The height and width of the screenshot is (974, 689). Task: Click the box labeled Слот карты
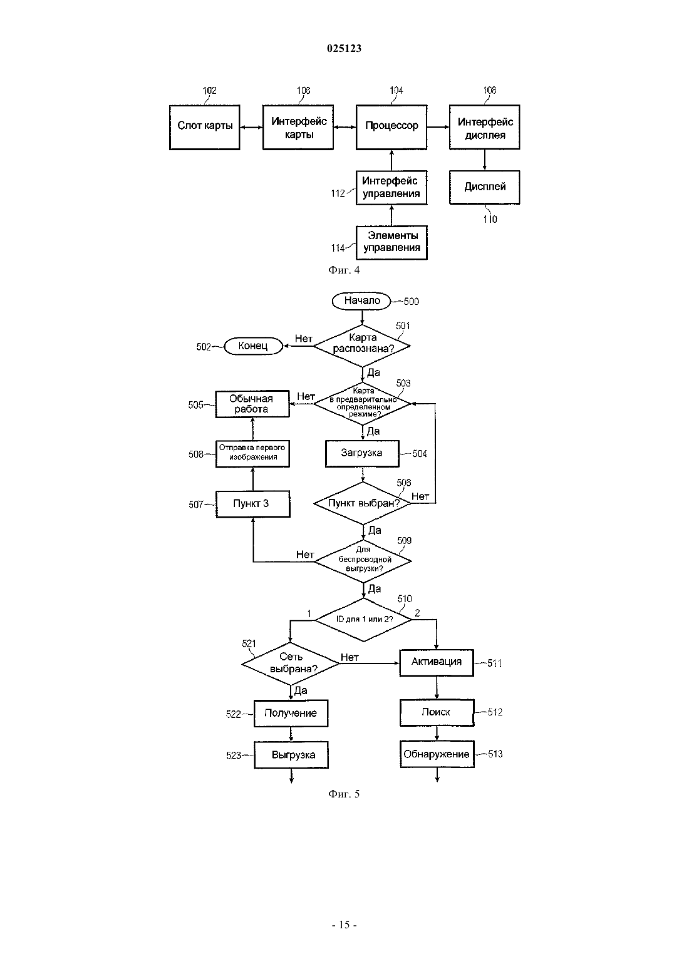coord(204,128)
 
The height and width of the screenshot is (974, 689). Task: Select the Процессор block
coord(391,128)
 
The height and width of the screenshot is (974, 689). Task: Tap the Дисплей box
coord(485,187)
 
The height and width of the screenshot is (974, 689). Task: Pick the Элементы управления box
coord(391,243)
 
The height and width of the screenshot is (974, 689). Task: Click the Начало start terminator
coord(361,301)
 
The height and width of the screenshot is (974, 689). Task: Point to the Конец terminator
coord(253,346)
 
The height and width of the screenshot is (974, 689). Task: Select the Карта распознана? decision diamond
coord(362,346)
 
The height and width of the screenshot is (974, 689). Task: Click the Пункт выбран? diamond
coord(362,503)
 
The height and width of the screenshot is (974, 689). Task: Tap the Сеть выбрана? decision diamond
coord(291,664)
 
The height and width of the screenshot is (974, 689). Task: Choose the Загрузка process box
coord(362,454)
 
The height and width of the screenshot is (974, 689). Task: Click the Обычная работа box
coord(252,404)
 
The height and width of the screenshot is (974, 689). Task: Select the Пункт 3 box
coord(252,504)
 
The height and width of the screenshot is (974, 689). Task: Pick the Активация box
coord(437,663)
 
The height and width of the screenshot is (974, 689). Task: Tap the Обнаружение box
coord(437,754)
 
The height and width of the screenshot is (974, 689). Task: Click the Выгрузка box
coord(291,755)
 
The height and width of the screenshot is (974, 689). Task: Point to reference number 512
coord(495,712)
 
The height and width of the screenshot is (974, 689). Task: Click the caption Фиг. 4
coord(344,270)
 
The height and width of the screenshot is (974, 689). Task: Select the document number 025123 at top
coord(344,48)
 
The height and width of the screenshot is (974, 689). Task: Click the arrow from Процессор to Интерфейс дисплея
coord(438,127)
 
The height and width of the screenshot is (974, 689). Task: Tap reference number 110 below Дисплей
coord(490,219)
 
